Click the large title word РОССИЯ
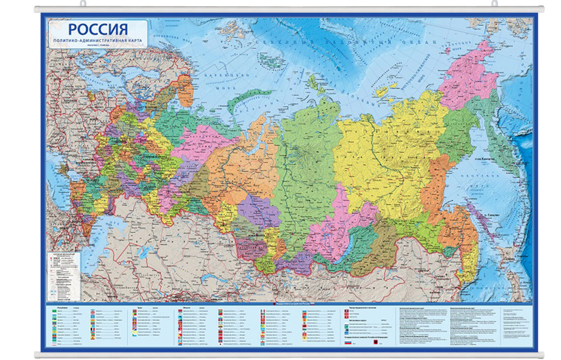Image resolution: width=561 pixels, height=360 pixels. point(98,30)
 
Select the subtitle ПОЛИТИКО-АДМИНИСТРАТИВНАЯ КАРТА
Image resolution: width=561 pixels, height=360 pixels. point(98,43)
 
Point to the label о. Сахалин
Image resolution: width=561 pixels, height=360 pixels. point(484,214)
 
